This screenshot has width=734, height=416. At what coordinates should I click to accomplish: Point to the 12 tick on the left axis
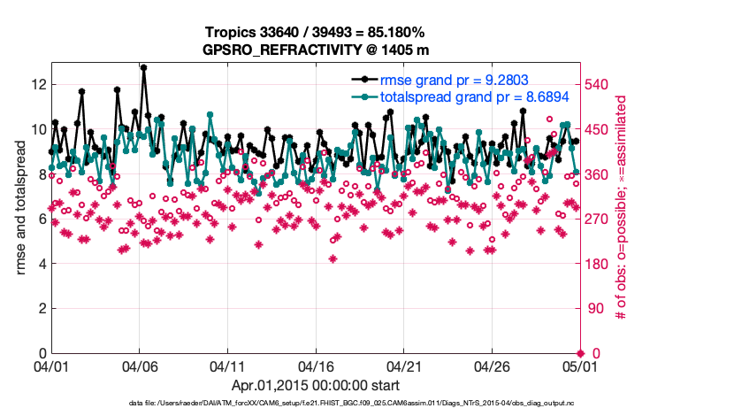click(37, 84)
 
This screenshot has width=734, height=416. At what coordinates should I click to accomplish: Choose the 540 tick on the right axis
click(598, 84)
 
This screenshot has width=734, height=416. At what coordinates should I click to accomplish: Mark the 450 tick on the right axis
click(598, 129)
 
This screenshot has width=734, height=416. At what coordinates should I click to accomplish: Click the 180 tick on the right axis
click(598, 264)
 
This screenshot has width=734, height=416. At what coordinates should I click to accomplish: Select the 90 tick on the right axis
click(594, 309)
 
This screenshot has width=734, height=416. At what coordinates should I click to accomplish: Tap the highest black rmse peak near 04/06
click(143, 67)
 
